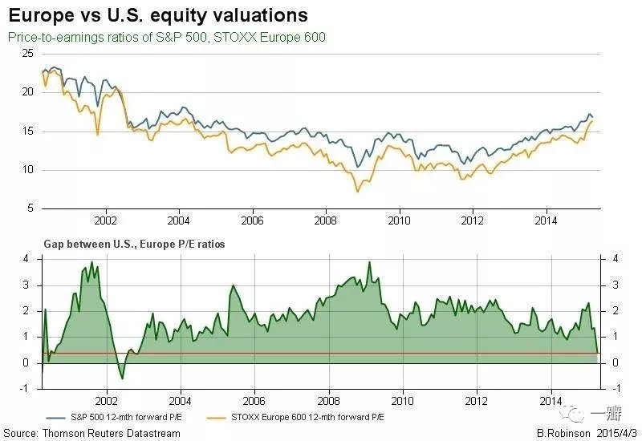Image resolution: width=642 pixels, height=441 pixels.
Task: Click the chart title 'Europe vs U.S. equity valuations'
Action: (x=157, y=15)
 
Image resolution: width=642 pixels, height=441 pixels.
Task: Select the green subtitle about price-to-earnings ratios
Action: (x=166, y=38)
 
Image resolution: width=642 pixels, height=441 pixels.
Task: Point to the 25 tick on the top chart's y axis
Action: (x=27, y=53)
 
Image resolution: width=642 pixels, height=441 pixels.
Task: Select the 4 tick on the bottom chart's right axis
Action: (x=614, y=260)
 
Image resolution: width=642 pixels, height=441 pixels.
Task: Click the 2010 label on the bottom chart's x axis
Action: (x=401, y=400)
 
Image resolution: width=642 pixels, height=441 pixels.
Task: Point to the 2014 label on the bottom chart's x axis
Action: (x=551, y=400)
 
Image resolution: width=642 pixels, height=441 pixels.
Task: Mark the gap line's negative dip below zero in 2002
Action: (x=122, y=378)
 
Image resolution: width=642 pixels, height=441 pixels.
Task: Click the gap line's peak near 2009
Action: (x=369, y=262)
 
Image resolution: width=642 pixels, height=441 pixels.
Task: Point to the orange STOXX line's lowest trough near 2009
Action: (x=357, y=192)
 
